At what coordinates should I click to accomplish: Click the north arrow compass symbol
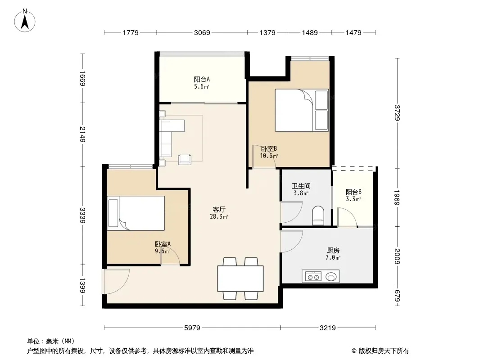pos(25,21)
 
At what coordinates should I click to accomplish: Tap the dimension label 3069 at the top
pos(202,32)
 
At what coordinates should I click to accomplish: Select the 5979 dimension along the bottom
pos(192,328)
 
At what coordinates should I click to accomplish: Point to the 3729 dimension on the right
pos(397,113)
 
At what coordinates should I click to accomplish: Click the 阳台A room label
pos(202,80)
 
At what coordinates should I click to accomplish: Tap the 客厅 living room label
pos(219,210)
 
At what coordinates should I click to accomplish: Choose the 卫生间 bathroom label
pos(301,186)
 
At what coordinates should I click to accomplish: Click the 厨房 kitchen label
pos(333,251)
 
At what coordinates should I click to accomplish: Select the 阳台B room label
pos(353,192)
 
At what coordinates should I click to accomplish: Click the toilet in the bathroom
pos(318,216)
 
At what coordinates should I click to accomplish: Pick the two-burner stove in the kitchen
pos(313,276)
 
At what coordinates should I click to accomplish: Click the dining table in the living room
pos(240,279)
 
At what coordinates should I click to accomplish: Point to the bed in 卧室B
pos(302,110)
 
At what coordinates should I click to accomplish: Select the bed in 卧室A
pos(136,213)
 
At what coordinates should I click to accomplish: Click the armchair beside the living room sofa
pos(185,159)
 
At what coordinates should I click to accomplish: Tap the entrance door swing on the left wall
pos(116,281)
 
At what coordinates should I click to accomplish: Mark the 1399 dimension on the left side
pos(82,285)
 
